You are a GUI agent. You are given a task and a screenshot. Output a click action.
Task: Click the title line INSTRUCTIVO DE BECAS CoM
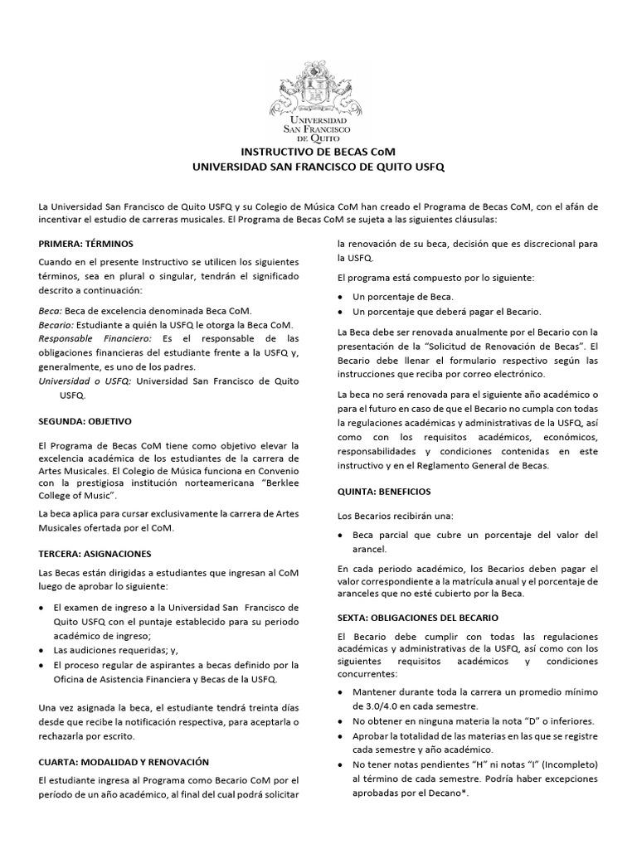click(318, 153)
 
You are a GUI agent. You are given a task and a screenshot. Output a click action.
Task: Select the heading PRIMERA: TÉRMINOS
click(85, 244)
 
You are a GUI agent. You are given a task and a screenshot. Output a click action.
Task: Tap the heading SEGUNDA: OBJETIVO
click(85, 421)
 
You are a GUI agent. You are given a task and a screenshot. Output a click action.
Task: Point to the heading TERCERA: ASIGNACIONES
click(95, 553)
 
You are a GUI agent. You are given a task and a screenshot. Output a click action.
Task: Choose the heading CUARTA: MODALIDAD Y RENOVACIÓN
click(124, 761)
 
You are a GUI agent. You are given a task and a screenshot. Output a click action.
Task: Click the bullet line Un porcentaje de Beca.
click(403, 296)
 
